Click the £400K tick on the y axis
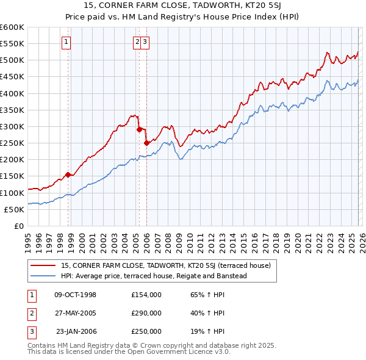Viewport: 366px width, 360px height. coord(12,93)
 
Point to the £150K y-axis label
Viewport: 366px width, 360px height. coord(12,176)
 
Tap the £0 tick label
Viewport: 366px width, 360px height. coord(19,226)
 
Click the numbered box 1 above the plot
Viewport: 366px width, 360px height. coord(66,42)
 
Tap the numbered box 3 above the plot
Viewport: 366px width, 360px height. coord(147,42)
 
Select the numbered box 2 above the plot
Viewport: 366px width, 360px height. coord(138,42)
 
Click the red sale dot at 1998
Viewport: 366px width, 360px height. coord(68,175)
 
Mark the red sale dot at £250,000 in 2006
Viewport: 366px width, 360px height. coord(146,143)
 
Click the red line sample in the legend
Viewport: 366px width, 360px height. coord(44,265)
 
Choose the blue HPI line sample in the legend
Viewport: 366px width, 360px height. coord(44,276)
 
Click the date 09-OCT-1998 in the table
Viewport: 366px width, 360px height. coord(75,295)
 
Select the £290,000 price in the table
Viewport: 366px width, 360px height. coord(146,313)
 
